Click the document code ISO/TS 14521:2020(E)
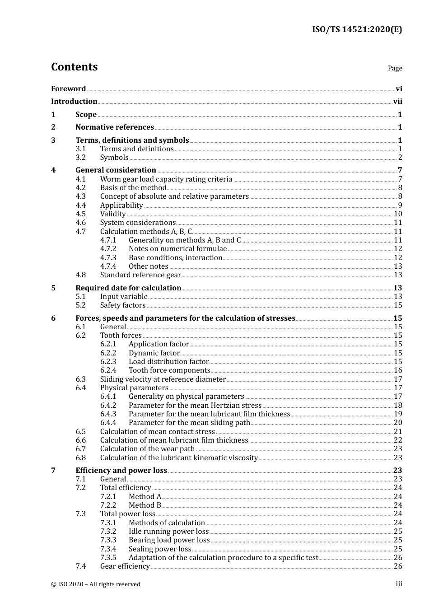tap(357, 30)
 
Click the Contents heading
tap(74, 67)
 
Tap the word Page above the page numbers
tap(395, 68)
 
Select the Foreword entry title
tap(68, 89)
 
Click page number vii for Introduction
tap(397, 102)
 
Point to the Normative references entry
tap(115, 127)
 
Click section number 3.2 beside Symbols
tap(81, 158)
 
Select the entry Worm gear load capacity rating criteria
tap(166, 179)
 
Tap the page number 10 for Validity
tap(398, 214)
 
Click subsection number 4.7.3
tap(108, 258)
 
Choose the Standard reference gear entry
tap(140, 275)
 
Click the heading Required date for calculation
tap(128, 288)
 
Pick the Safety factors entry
tap(123, 305)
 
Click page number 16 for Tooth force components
tap(398, 370)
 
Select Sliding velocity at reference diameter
tap(163, 379)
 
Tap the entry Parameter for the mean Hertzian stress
tap(195, 406)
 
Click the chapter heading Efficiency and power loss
tap(121, 471)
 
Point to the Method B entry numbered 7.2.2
tap(145, 505)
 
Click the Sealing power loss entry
tap(160, 549)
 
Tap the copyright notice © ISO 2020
tap(96, 584)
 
